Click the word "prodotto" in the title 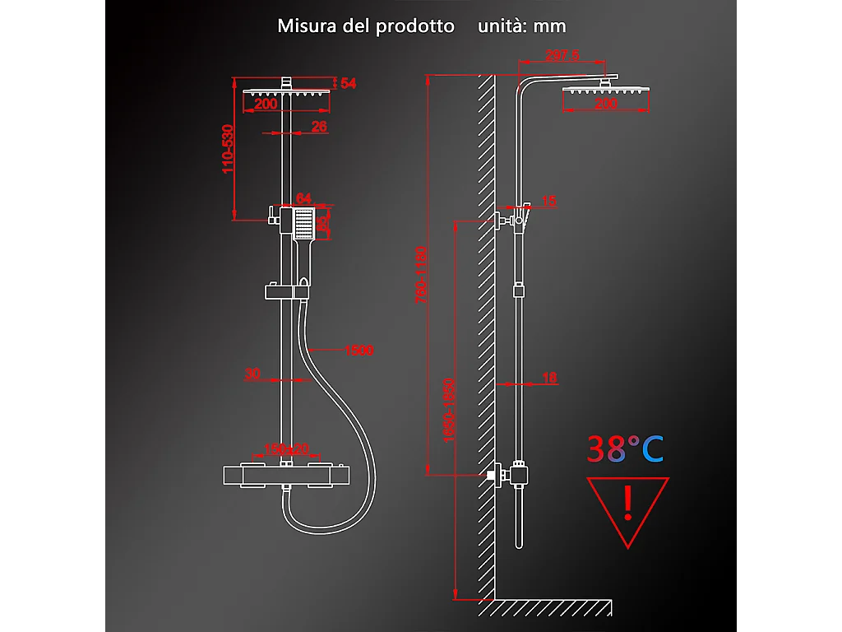click(414, 26)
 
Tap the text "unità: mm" click(522, 26)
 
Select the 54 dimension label click(348, 84)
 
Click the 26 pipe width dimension click(320, 126)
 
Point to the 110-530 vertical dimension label click(229, 148)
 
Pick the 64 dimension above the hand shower click(303, 198)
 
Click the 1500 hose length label click(359, 350)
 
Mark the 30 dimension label click(252, 374)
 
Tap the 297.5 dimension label click(562, 56)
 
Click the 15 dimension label click(549, 201)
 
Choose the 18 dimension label click(549, 378)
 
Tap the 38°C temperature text click(625, 448)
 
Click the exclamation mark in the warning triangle click(627, 504)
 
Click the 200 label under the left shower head click(265, 105)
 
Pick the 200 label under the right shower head click(605, 105)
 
